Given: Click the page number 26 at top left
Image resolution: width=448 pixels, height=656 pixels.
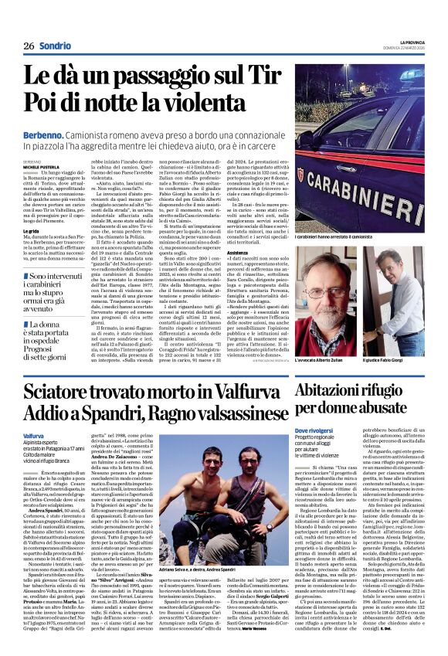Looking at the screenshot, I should (x=29, y=46).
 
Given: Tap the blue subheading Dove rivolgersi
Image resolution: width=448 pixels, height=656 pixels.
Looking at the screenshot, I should (x=312, y=429).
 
